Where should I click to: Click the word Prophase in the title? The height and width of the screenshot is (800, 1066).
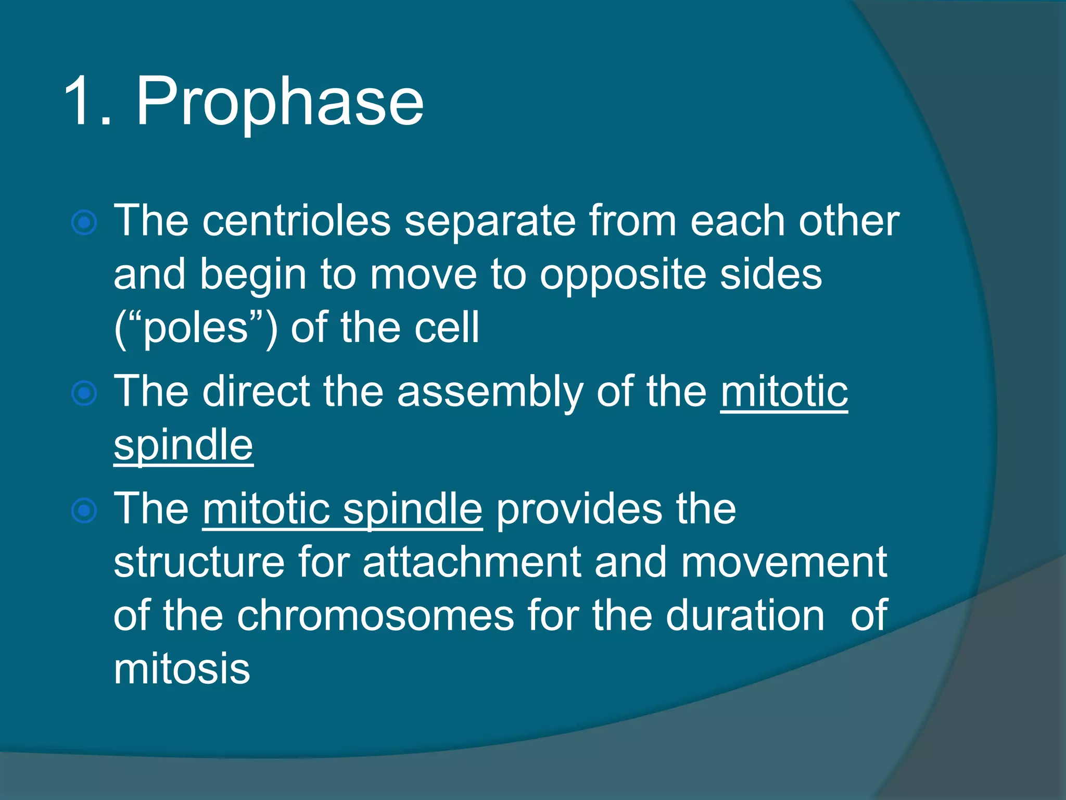coord(280,102)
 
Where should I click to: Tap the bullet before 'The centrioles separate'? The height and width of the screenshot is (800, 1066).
coord(84,223)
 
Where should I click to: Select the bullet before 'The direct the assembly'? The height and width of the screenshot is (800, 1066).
coord(84,393)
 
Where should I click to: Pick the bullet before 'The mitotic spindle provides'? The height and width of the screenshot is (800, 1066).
coord(84,510)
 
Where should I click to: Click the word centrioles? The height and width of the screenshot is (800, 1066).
coord(296,221)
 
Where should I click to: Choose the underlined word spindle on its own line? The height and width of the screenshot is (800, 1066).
coord(183,446)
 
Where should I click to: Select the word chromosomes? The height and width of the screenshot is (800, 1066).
coord(375,616)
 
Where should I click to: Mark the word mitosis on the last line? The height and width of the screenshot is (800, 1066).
coord(182,669)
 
